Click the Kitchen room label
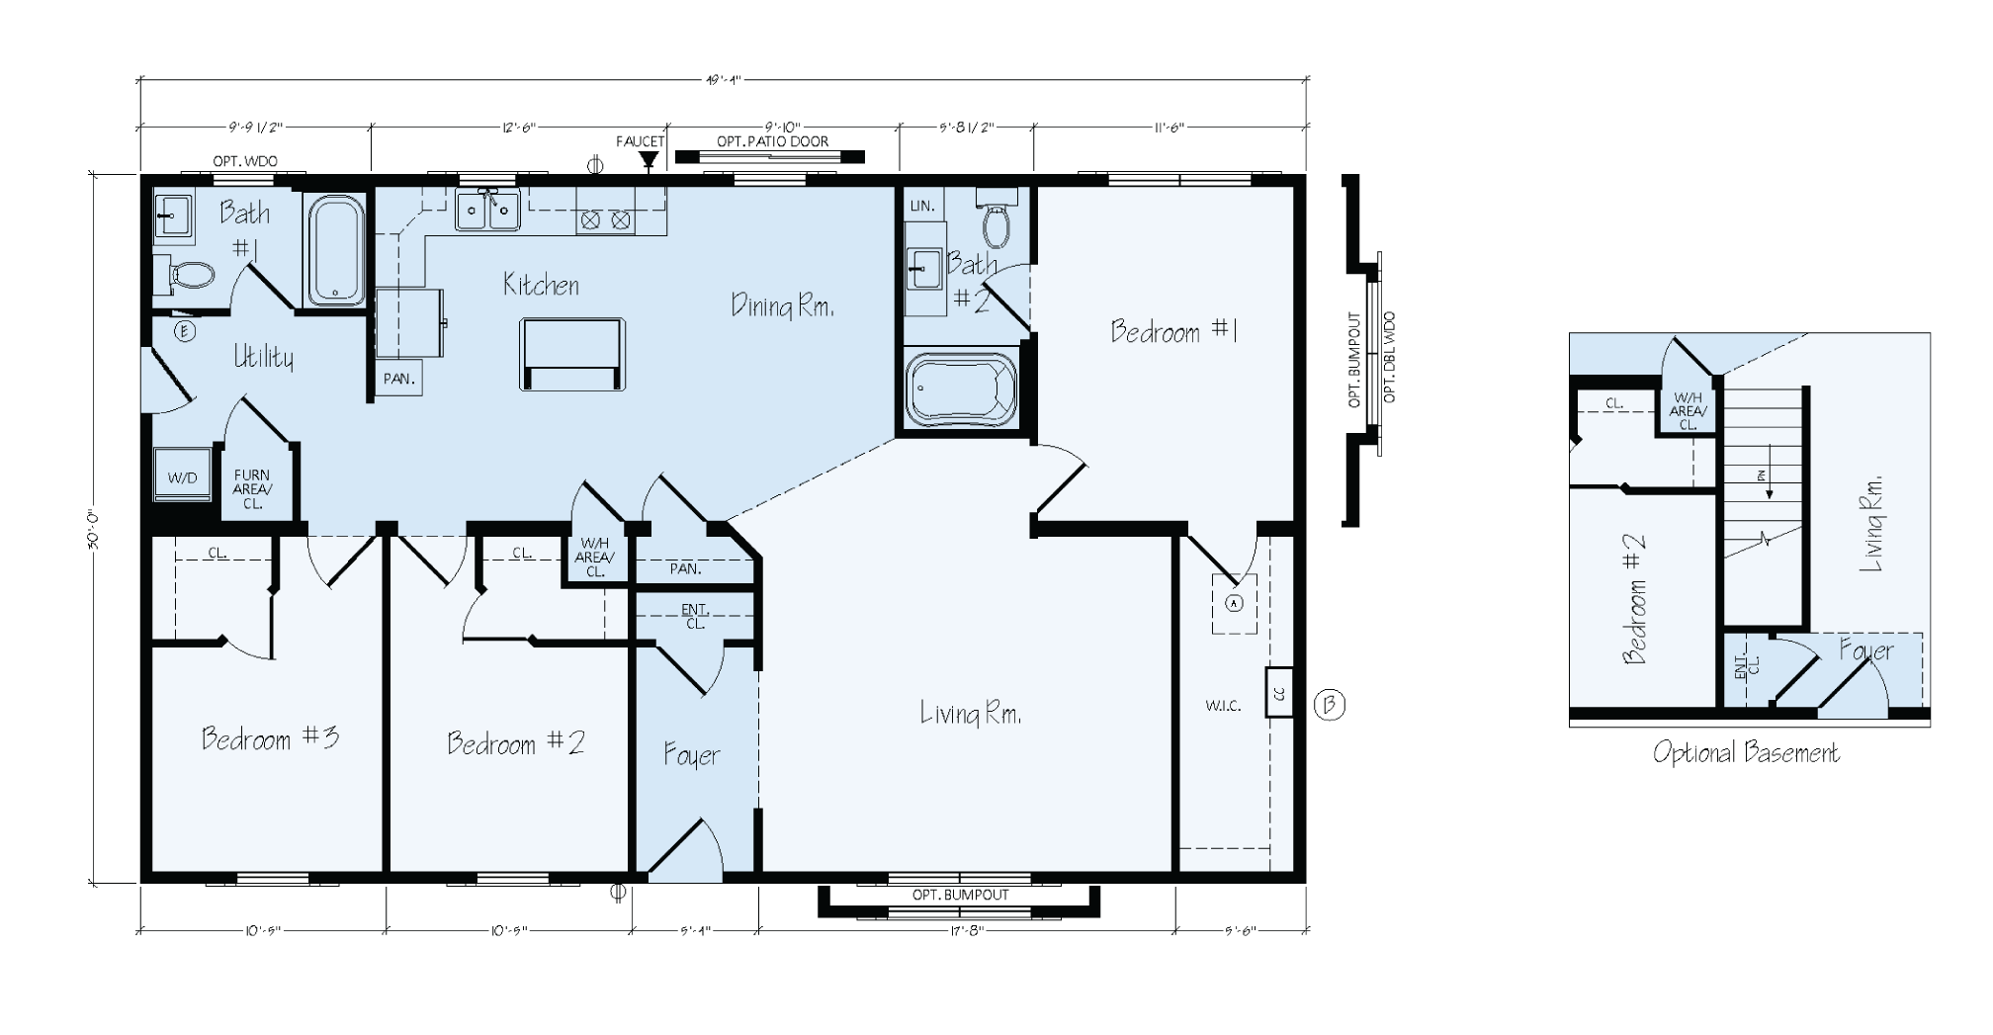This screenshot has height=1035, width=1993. click(x=541, y=286)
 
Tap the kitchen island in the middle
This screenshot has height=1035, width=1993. click(x=572, y=353)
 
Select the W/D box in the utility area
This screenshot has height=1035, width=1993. click(x=182, y=477)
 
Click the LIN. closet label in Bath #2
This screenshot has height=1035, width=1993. click(x=921, y=206)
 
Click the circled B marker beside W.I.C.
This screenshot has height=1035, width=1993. click(x=1330, y=705)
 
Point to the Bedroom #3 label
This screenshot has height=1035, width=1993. click(x=270, y=738)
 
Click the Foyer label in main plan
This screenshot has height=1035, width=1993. click(x=692, y=756)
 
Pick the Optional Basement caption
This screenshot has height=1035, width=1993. click(x=1746, y=753)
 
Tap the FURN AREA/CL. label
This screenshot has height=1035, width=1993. click(x=252, y=489)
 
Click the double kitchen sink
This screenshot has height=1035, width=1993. click(x=487, y=211)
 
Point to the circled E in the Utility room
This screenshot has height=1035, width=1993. click(x=184, y=331)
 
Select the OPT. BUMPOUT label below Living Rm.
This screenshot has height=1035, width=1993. click(x=960, y=895)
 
